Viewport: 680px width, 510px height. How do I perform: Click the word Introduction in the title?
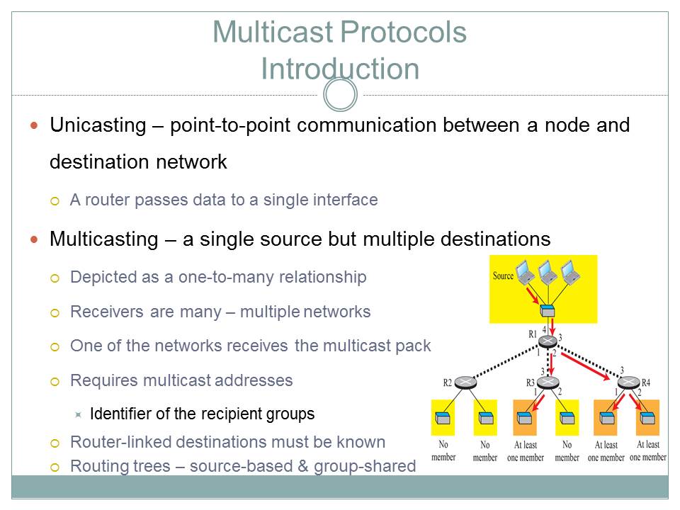(340, 69)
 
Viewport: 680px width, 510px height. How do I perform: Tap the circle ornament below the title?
(340, 94)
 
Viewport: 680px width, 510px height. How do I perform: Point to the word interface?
(345, 200)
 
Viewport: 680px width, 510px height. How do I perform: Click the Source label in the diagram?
(503, 276)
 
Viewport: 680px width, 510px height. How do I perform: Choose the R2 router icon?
(465, 383)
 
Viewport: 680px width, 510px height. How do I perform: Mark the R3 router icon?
(548, 383)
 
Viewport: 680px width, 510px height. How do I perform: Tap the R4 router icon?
(628, 383)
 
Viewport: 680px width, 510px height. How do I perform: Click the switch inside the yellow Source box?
(546, 310)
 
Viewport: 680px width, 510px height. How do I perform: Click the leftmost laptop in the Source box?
(525, 271)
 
